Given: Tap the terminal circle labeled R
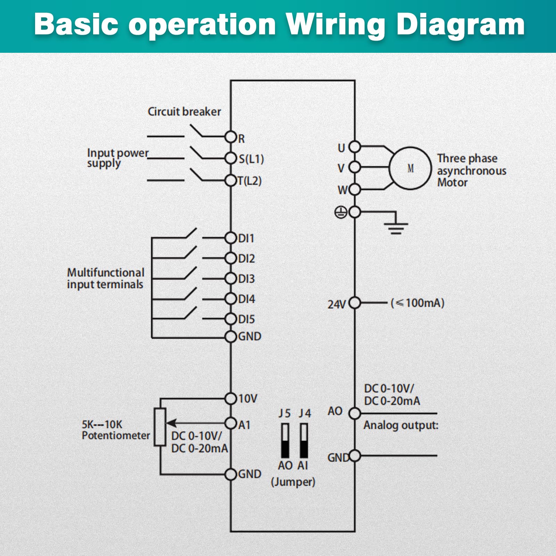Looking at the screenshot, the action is [x=231, y=137].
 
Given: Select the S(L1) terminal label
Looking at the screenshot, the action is [x=251, y=159].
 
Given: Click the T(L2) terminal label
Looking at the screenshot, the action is [x=249, y=181].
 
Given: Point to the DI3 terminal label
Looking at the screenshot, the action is [x=247, y=279].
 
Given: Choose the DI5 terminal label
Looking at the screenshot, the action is [x=247, y=319].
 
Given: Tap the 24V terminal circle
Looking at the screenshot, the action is [x=355, y=303].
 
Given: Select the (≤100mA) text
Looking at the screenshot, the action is [x=417, y=303].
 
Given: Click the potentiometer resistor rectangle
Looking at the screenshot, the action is [x=160, y=427].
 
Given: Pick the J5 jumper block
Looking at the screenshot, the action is [x=285, y=440].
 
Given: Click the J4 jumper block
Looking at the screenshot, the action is [x=304, y=440].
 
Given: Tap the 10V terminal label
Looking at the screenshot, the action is [x=248, y=399].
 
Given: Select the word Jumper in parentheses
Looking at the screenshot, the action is [x=293, y=482].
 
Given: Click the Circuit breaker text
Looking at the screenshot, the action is [x=184, y=111].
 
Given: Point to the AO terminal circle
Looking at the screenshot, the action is [x=355, y=413].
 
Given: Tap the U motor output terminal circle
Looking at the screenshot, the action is [x=355, y=147].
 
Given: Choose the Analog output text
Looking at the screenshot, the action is [x=401, y=425].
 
